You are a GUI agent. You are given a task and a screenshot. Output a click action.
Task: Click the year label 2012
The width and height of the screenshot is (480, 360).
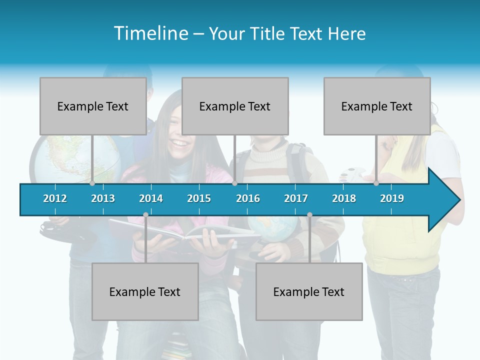click(55, 198)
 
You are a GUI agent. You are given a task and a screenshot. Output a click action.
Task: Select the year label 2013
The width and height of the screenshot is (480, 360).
click(103, 198)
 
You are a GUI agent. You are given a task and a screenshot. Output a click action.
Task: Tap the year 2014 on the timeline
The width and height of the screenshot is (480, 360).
click(151, 198)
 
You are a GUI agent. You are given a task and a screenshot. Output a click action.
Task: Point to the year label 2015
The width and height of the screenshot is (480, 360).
click(199, 198)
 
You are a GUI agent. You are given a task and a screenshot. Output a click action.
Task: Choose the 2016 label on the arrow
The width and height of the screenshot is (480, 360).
click(248, 198)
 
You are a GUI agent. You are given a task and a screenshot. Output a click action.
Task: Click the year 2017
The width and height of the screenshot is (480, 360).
click(296, 198)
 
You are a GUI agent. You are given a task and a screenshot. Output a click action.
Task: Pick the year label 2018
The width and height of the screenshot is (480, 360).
click(344, 198)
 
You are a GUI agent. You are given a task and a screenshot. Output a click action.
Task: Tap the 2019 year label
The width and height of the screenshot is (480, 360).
click(392, 198)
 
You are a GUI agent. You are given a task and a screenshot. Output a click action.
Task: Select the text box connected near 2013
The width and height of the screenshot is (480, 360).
click(93, 106)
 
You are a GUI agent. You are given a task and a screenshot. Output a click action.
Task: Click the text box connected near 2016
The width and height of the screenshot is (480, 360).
click(235, 106)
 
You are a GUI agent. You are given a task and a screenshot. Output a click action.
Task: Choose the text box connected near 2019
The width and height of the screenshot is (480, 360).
click(377, 106)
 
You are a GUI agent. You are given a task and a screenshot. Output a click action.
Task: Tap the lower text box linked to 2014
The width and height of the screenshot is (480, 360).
click(145, 291)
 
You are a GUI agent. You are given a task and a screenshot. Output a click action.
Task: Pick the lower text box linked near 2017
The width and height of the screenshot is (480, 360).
click(309, 291)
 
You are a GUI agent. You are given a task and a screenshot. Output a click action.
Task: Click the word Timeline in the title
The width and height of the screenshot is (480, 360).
click(149, 33)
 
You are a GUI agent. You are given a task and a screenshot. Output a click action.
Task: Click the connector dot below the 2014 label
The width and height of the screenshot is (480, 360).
click(145, 214)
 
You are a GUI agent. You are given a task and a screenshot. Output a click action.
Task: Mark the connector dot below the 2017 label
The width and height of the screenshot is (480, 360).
click(309, 214)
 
